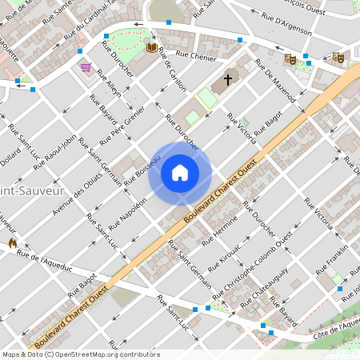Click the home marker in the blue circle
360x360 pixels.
180,173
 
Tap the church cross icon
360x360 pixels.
228,79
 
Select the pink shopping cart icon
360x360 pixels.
85,67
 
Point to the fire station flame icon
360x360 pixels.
12,242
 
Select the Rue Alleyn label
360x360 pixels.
110,84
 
